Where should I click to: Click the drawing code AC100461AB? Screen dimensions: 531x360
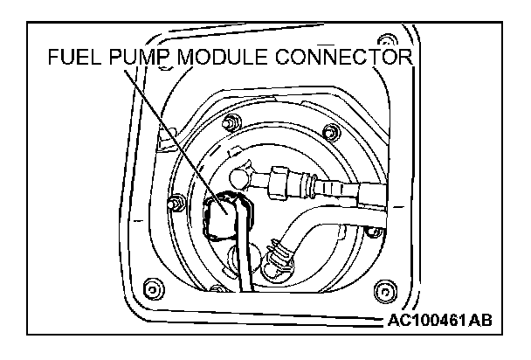click(438, 319)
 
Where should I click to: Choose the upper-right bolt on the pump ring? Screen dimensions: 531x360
click(329, 132)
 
